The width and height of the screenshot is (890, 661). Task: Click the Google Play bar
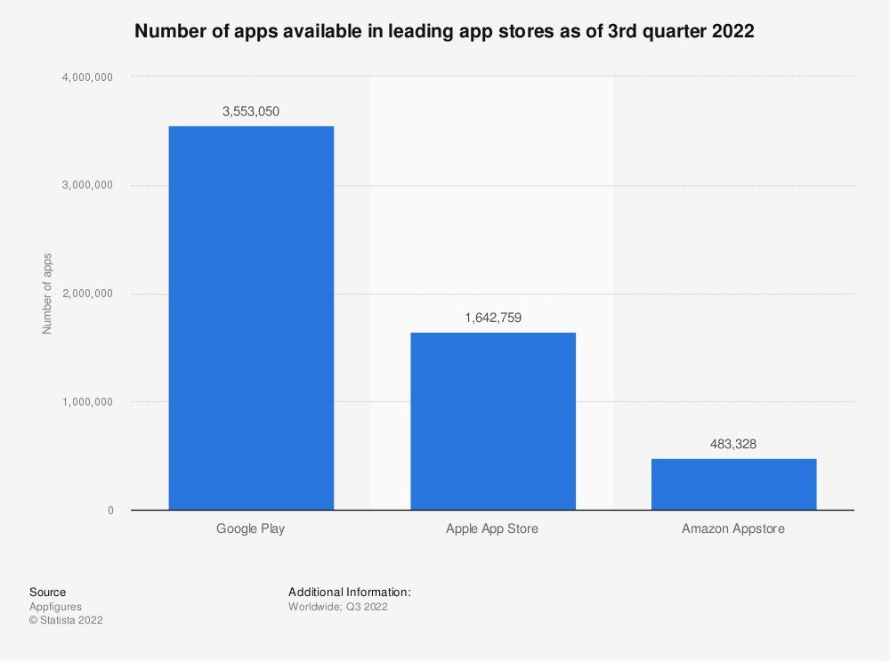tap(251, 318)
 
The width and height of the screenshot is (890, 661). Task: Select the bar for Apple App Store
tap(492, 421)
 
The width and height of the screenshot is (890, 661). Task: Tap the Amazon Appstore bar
tap(733, 484)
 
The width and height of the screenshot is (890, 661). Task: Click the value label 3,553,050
tap(251, 111)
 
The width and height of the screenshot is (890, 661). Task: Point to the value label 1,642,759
tap(492, 318)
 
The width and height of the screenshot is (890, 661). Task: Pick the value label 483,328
tap(733, 443)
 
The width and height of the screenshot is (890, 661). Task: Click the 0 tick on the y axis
tap(110, 511)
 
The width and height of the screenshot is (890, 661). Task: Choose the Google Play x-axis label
tap(251, 529)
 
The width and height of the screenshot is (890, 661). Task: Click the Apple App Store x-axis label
tap(492, 529)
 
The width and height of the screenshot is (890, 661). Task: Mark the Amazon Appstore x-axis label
tap(733, 529)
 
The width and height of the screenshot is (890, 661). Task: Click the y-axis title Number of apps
tap(48, 294)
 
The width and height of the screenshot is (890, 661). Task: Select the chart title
tap(444, 32)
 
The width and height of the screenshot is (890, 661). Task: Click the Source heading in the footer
tap(47, 592)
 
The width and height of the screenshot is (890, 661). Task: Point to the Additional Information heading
tap(350, 592)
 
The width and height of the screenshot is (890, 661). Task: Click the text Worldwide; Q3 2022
tap(338, 607)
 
